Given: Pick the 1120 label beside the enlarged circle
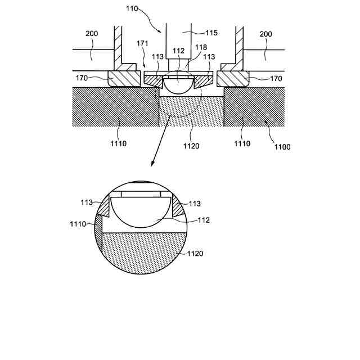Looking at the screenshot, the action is [195, 254].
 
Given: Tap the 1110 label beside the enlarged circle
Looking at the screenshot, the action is [78, 224].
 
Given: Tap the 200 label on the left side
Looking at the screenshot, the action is [92, 34].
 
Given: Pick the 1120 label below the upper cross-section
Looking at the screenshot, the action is [191, 145].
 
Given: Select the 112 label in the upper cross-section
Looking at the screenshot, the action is [178, 51].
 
